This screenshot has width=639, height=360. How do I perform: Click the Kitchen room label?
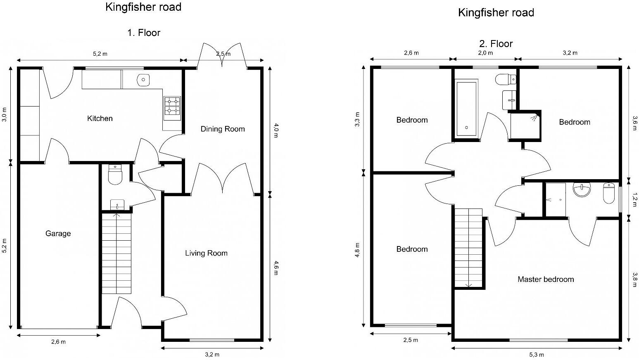(x=100, y=118)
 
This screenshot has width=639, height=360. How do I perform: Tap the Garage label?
(x=58, y=233)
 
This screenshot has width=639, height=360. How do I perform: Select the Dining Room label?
(x=223, y=129)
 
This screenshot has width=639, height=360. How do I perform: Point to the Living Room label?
(x=206, y=253)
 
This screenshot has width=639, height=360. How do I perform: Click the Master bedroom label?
(x=546, y=279)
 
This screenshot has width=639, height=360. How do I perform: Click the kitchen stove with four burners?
(x=172, y=106)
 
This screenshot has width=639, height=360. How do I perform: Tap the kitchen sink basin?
(x=143, y=80)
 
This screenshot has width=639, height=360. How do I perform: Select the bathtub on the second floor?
(x=466, y=109)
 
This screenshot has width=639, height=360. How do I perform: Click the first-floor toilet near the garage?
(x=115, y=175)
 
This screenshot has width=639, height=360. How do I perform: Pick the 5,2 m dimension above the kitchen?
(x=100, y=54)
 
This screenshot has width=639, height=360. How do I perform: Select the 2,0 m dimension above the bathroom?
(x=485, y=53)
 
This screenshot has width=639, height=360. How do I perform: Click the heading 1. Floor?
(x=143, y=33)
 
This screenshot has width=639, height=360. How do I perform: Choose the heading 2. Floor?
(x=496, y=43)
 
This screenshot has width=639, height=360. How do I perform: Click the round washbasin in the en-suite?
(x=582, y=190)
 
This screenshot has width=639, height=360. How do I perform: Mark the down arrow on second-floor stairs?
(x=469, y=284)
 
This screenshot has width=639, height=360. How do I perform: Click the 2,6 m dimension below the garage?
(x=58, y=341)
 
